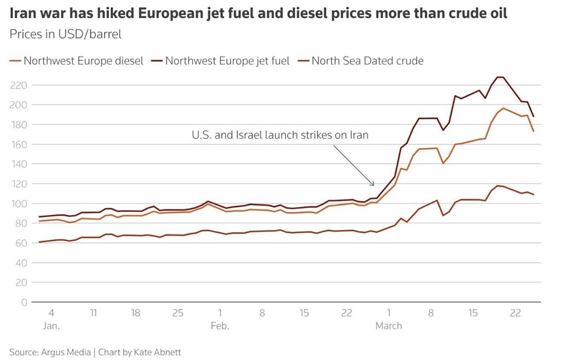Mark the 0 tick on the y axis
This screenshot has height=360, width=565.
(x=23, y=302)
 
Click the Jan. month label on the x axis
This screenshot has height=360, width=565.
(x=51, y=326)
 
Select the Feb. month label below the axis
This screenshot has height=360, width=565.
(x=220, y=326)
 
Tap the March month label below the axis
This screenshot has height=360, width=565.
(x=389, y=326)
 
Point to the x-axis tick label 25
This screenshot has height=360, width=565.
(x=177, y=313)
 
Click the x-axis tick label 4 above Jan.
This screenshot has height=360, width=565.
(x=51, y=313)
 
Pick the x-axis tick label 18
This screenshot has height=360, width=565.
(x=135, y=313)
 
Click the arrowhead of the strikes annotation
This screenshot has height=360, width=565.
(x=373, y=184)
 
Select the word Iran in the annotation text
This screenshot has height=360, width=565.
(x=357, y=136)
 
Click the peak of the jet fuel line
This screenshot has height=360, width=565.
(x=499, y=77)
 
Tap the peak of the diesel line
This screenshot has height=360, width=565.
(x=503, y=108)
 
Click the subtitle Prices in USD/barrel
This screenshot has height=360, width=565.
(x=66, y=33)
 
